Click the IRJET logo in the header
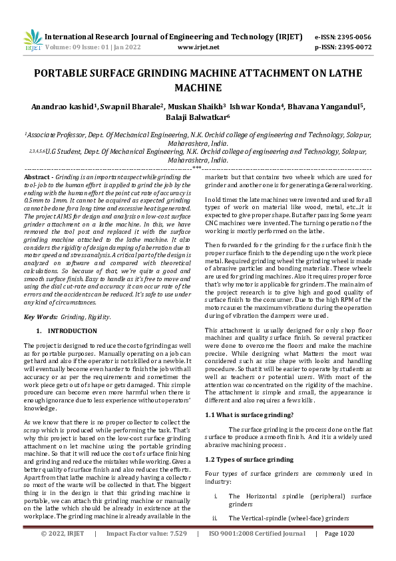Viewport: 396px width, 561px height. [x=32, y=42]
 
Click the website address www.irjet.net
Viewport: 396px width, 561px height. [x=198, y=47]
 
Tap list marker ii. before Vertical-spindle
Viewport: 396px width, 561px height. [x=214, y=518]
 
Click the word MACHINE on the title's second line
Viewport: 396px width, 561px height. [x=198, y=88]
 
